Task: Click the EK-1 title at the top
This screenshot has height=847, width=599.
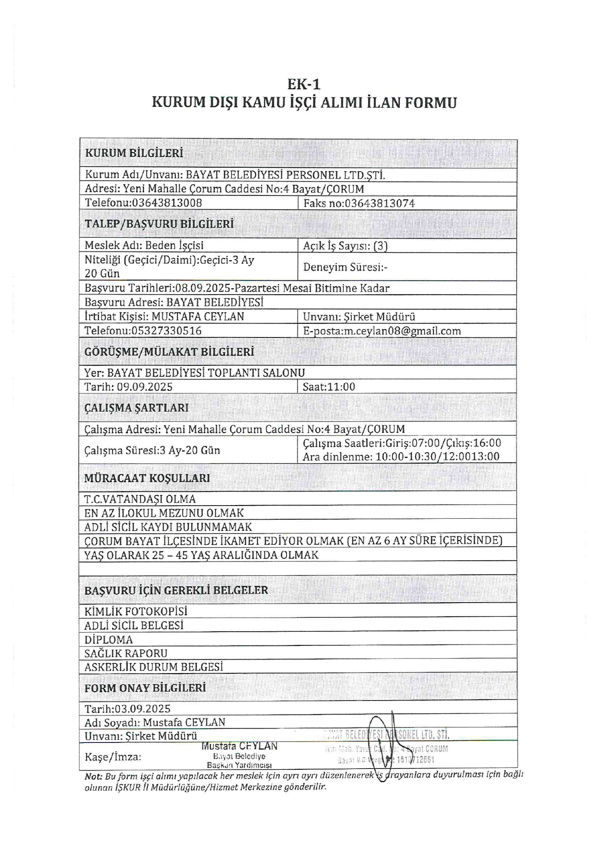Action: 304,84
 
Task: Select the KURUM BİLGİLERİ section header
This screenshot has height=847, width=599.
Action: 134,153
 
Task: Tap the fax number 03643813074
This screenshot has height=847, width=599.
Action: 380,203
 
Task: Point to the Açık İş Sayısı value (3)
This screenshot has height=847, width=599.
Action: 380,246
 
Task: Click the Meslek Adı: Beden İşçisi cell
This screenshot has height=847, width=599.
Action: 144,245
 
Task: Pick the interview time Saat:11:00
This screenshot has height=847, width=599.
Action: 328,387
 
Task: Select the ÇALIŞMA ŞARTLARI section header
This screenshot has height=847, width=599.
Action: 136,408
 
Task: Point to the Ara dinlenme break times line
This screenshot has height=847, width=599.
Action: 401,457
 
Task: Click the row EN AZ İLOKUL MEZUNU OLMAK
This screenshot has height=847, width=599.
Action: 164,513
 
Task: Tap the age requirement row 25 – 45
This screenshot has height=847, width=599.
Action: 201,555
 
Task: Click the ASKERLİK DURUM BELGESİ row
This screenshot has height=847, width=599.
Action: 154,667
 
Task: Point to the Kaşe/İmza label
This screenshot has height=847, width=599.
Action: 113,757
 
